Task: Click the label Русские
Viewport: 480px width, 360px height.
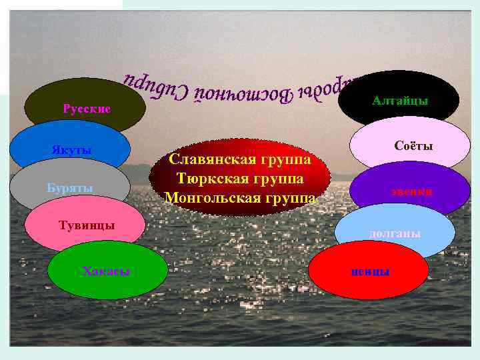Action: click(86, 108)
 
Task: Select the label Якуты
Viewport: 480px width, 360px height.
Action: click(71, 149)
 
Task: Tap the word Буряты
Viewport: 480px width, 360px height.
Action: click(70, 188)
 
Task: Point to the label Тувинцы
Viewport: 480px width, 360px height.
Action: click(87, 225)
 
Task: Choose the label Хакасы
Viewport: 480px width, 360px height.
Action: click(105, 271)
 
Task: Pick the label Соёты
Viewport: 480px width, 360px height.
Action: click(413, 145)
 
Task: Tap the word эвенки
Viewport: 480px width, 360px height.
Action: click(411, 191)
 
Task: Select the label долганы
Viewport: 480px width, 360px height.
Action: click(395, 233)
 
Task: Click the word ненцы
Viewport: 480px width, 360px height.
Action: click(371, 271)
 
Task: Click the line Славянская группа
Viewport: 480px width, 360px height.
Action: click(240, 160)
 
